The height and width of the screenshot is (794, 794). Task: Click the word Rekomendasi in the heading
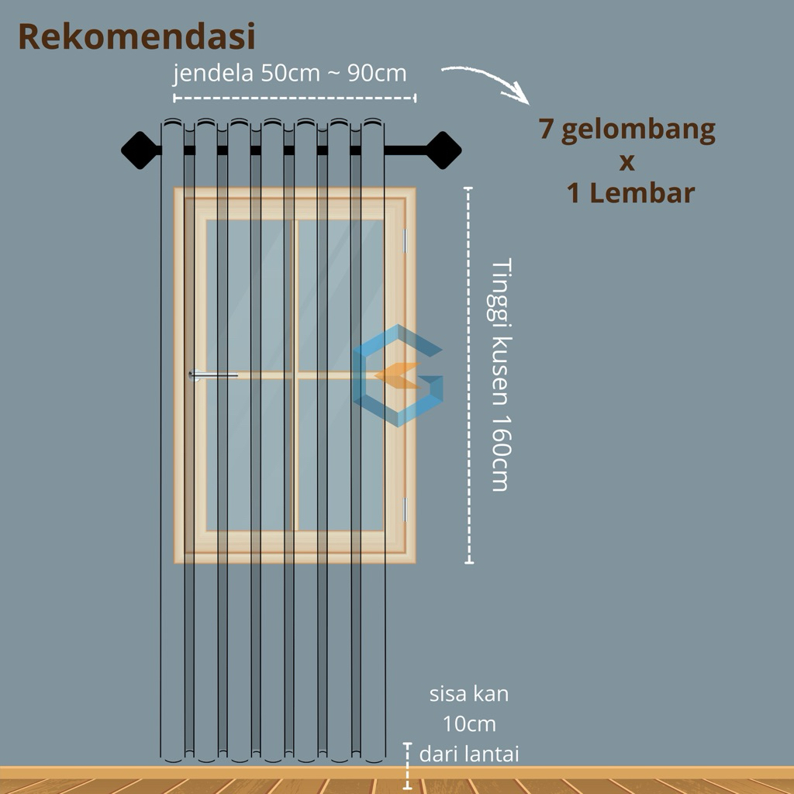[x=136, y=37]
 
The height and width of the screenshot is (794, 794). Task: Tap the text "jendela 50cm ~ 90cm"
[x=290, y=74]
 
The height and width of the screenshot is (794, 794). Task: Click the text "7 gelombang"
[x=627, y=129]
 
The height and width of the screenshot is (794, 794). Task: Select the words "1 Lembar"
[x=630, y=193]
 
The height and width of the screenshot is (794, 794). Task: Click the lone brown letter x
[x=627, y=163]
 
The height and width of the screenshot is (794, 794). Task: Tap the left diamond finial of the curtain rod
[x=140, y=150]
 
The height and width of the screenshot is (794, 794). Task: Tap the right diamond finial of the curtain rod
[x=443, y=150]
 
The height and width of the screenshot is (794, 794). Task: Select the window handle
[x=213, y=375]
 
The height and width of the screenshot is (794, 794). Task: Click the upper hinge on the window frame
[x=405, y=240]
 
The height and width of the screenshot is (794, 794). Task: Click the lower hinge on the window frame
[x=405, y=509]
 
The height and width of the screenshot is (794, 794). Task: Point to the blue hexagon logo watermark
[x=398, y=375]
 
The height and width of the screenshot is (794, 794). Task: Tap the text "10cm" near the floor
[x=469, y=724]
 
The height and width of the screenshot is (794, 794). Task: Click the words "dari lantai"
[x=469, y=754]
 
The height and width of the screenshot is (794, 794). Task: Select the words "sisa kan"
[x=469, y=694]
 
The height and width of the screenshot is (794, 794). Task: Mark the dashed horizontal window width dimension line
[x=295, y=98]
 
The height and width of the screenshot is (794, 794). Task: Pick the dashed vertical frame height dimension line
[x=469, y=375]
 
